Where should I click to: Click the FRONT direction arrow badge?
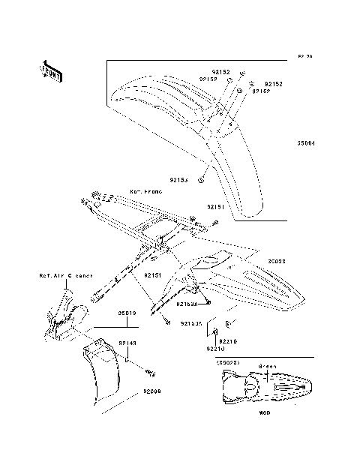(x=52, y=70)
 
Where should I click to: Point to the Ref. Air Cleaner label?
(x=65, y=275)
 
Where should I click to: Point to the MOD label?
(x=265, y=412)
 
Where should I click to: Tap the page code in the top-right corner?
(x=304, y=56)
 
